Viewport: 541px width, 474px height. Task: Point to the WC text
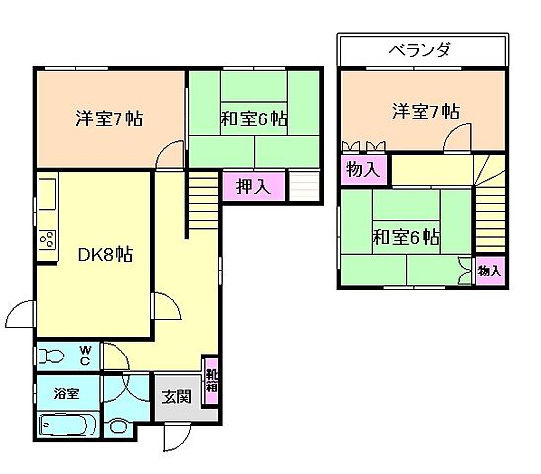(85, 355)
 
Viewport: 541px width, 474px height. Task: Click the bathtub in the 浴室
(67, 426)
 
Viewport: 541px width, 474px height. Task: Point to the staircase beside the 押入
(201, 189)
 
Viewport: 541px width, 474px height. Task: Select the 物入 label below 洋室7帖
(361, 169)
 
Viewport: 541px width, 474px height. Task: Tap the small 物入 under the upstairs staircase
(489, 270)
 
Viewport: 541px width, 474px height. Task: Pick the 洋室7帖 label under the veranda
(425, 112)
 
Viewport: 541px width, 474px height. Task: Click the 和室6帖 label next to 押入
(254, 118)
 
